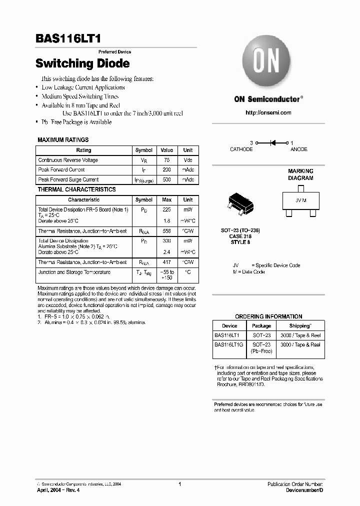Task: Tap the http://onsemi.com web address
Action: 268,112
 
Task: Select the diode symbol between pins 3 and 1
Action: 273,143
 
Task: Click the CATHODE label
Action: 241,149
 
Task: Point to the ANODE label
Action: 299,149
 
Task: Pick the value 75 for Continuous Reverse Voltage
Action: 167,160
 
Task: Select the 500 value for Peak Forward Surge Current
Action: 167,179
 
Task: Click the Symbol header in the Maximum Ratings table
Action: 144,150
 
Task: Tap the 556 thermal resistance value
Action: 167,231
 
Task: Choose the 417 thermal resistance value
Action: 167,262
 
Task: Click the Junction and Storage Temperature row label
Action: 74,272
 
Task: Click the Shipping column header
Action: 300,325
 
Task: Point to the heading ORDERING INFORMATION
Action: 268,316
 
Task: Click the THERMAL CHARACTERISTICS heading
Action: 76,189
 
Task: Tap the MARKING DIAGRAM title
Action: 300,174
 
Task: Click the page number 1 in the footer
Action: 179,484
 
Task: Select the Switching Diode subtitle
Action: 82,63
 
